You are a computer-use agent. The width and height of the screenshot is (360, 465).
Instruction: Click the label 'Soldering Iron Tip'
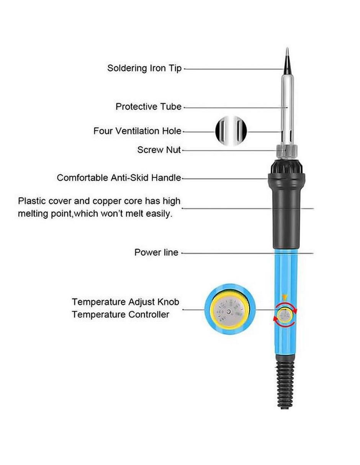pyautogui.click(x=144, y=68)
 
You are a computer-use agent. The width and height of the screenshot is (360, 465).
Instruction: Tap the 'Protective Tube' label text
pyautogui.click(x=149, y=106)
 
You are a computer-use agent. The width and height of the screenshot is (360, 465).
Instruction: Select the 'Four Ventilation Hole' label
pyautogui.click(x=137, y=131)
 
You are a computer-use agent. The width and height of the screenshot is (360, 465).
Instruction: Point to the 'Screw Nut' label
pyautogui.click(x=159, y=150)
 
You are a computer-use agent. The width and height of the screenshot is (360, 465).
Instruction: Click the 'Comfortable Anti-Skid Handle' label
pyautogui.click(x=119, y=178)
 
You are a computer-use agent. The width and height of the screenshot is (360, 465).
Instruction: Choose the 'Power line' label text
pyautogui.click(x=156, y=253)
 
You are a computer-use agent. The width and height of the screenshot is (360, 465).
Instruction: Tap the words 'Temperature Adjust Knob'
pyautogui.click(x=126, y=302)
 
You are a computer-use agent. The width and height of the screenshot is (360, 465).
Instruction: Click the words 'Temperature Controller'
pyautogui.click(x=121, y=315)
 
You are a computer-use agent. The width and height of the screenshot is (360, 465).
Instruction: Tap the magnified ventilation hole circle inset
pyautogui.click(x=231, y=131)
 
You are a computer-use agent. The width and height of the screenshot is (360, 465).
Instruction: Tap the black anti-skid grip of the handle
pyautogui.click(x=286, y=206)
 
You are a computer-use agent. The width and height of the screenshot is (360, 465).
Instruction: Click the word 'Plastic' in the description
pyautogui.click(x=32, y=201)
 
